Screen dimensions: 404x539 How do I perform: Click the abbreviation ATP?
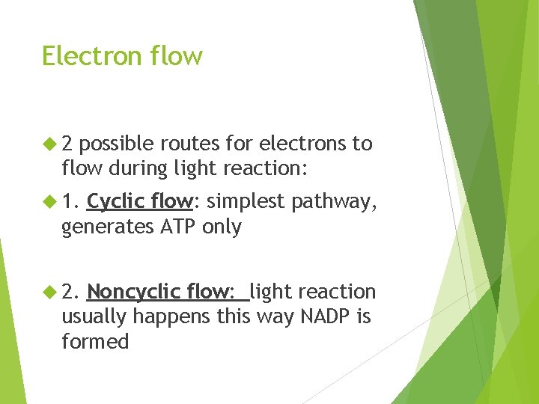177,226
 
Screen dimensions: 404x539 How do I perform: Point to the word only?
222,227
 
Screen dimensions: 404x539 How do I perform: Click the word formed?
95,342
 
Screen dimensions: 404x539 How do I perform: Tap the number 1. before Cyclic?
72,201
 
